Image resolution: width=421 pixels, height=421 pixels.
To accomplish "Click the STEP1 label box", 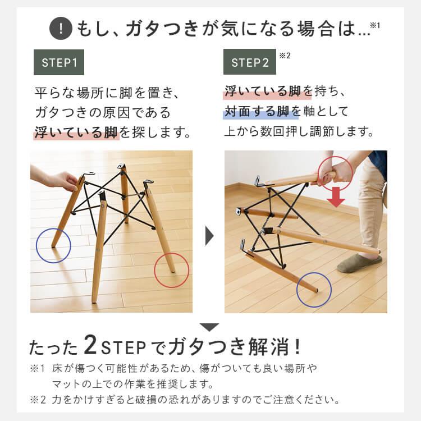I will (x=59, y=62).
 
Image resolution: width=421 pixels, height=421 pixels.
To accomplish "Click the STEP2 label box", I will (x=250, y=62).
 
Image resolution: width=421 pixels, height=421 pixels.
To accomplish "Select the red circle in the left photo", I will (x=172, y=270).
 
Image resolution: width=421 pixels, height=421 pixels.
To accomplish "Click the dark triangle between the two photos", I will (x=210, y=236).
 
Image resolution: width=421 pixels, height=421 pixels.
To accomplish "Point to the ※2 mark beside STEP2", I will (x=284, y=55).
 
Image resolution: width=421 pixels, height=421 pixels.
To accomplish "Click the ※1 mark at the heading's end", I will (x=375, y=25).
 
